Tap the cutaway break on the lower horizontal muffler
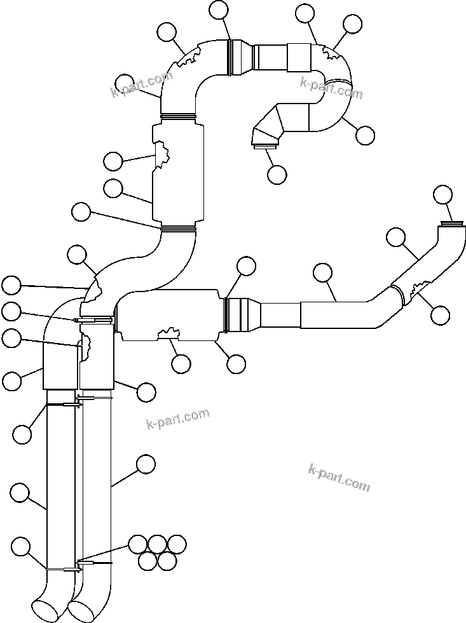tap(168, 333)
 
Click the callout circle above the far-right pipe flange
tap(442, 194)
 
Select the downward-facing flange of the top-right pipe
tap(264, 147)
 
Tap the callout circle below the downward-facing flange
tap(277, 174)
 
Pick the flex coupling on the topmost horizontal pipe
tap(240, 57)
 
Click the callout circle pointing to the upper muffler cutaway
tap(113, 161)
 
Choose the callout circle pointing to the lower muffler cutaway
tap(181, 363)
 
